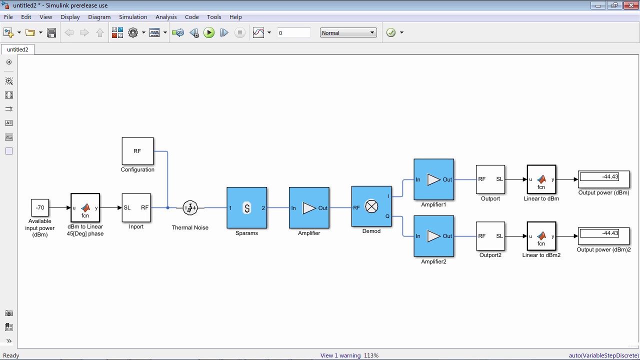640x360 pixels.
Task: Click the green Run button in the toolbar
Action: (209, 32)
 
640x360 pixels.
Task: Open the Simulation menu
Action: (133, 17)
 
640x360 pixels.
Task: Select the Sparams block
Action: (247, 207)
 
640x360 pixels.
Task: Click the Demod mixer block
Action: (371, 206)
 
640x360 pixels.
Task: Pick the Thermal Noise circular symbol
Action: (190, 207)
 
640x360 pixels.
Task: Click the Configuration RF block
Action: (137, 151)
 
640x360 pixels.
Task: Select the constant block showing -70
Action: (40, 207)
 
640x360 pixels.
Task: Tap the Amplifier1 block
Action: (433, 179)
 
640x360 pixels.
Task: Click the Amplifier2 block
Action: (433, 236)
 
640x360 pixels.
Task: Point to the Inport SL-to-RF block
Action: (136, 207)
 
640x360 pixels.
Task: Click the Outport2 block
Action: (490, 236)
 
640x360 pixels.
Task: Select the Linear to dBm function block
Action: (541, 179)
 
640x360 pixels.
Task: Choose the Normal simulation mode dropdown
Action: (348, 33)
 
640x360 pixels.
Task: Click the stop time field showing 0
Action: (293, 33)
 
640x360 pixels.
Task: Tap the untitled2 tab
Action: (17, 49)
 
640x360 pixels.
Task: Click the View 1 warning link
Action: (340, 355)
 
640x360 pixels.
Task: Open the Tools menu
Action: (214, 17)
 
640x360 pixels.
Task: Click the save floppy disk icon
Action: (51, 32)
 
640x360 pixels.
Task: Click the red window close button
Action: (631, 5)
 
